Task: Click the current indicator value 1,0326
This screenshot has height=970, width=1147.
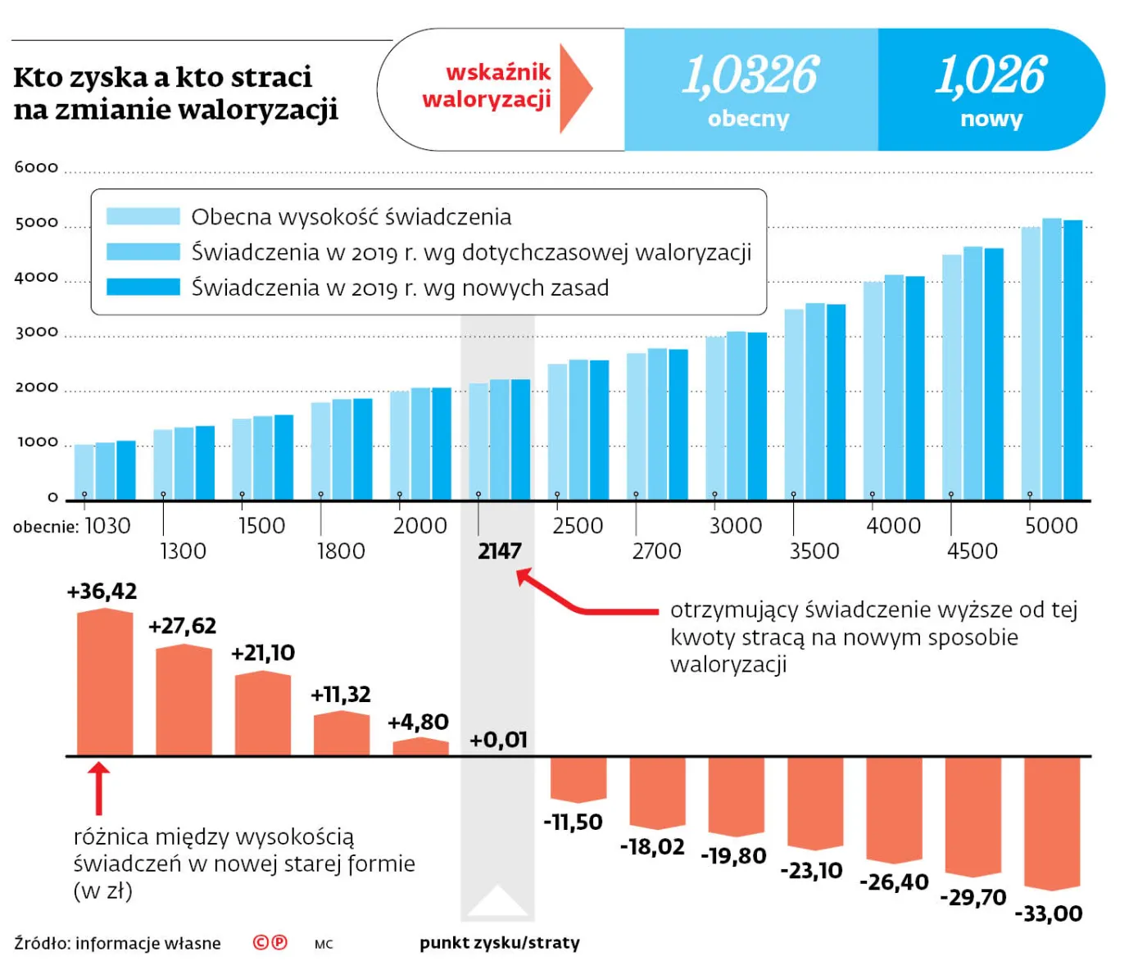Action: click(x=750, y=75)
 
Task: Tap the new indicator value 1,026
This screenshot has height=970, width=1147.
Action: click(x=991, y=75)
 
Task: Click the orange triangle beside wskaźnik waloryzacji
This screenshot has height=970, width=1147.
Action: click(x=574, y=88)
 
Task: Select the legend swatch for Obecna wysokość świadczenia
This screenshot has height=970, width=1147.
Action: click(x=143, y=216)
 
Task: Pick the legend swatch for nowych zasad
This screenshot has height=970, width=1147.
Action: click(x=143, y=287)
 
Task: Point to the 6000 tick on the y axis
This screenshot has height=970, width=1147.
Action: click(x=36, y=167)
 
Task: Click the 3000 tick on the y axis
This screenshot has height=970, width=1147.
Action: click(x=36, y=332)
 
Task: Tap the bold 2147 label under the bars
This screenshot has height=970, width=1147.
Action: click(x=499, y=551)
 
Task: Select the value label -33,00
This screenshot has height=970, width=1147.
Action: click(x=1049, y=913)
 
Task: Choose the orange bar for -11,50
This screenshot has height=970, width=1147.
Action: click(x=578, y=778)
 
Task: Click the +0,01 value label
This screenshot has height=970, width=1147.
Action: click(x=498, y=740)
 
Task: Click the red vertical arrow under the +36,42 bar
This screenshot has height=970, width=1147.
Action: click(x=98, y=788)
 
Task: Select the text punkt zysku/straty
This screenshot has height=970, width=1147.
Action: click(x=499, y=943)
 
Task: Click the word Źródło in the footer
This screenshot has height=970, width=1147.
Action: click(x=42, y=943)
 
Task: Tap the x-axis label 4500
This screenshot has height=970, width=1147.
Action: click(x=972, y=551)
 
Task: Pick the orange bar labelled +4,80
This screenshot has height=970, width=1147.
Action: click(x=420, y=746)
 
